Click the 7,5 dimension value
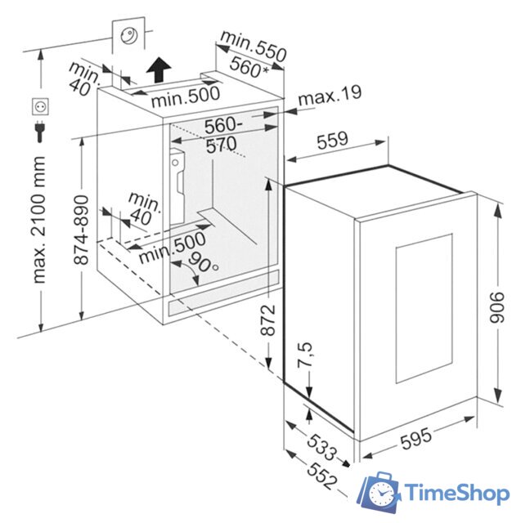pos(303,357)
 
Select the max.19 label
pos(329,99)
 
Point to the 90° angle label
pos(203,263)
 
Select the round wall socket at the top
pos(130,34)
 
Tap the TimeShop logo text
pos(458,493)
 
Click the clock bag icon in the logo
pos(381,491)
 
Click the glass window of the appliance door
pos(424,310)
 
